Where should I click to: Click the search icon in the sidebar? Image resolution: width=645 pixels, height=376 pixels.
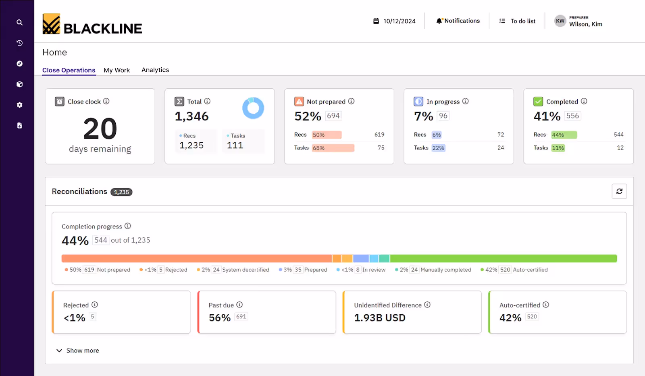click(x=19, y=23)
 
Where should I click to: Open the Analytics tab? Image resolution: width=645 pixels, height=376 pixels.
click(x=155, y=70)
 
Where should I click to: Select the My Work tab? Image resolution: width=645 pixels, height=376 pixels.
click(x=117, y=70)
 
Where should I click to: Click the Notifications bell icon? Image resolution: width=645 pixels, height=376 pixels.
click(x=439, y=21)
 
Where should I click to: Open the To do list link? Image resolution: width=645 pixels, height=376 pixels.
click(x=522, y=21)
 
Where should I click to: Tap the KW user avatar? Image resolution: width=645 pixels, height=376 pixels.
click(x=560, y=21)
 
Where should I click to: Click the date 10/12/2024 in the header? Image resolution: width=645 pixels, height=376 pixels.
click(x=399, y=21)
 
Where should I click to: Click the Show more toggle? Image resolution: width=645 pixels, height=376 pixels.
click(x=78, y=351)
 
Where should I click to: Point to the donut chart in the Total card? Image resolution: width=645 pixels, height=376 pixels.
click(x=253, y=108)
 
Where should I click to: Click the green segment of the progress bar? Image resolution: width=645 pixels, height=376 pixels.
click(x=503, y=258)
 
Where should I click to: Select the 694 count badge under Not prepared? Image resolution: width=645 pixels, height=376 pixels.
click(x=333, y=116)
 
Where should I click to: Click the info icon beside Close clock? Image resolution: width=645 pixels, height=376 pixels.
click(x=106, y=101)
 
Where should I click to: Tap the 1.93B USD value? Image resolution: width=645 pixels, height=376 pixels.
click(x=380, y=318)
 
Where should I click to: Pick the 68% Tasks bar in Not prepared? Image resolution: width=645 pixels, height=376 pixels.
click(x=333, y=148)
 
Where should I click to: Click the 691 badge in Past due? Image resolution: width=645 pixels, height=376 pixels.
click(x=241, y=317)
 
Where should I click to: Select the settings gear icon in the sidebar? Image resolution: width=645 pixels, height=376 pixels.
click(x=19, y=105)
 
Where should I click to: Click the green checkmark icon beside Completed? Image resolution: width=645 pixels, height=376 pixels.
click(x=538, y=101)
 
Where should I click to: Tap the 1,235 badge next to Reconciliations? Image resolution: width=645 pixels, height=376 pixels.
click(x=121, y=192)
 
